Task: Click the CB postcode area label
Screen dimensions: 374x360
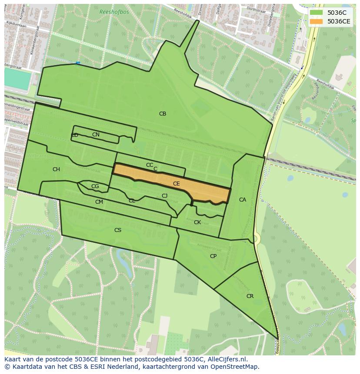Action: [162, 114]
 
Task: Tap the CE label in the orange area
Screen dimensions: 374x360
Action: [176, 184]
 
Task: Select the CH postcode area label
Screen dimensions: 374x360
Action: [56, 169]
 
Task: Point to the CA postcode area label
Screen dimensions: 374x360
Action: [242, 200]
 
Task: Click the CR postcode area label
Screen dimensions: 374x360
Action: [250, 296]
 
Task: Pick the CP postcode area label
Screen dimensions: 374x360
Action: [213, 256]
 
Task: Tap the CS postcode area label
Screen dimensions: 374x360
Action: [117, 230]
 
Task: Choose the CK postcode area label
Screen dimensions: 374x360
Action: [197, 222]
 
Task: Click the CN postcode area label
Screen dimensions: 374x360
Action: [96, 135]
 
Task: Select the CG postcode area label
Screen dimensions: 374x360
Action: [95, 186]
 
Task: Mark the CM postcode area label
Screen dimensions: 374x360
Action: [99, 202]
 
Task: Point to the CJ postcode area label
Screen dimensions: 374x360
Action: [164, 196]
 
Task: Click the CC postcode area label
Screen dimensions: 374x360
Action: [149, 165]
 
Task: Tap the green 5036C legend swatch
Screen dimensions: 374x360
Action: [317, 13]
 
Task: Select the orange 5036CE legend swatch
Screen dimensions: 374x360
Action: [317, 21]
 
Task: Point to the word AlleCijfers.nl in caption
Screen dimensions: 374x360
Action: [227, 359]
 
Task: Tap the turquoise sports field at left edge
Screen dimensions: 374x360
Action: [17, 79]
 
